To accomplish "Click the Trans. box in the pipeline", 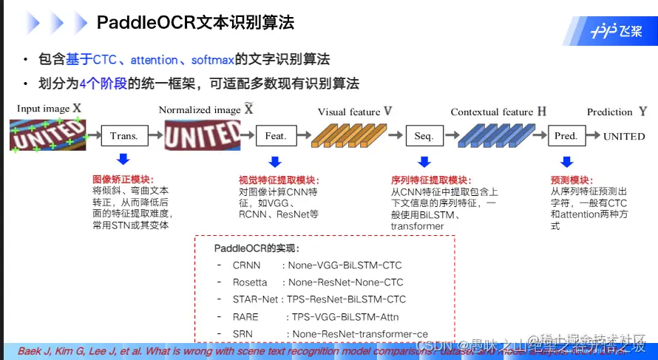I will point(124,136).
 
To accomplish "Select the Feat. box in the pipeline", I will point(275,136).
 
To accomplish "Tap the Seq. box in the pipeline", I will point(424,136).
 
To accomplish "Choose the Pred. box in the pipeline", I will point(566,136).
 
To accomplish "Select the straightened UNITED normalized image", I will point(202,135).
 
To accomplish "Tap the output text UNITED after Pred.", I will point(624,137).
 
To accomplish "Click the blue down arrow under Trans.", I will point(123,160).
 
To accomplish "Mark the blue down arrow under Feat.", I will point(275,160).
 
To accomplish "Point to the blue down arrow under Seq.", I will point(424,160).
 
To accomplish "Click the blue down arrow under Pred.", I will point(566,160).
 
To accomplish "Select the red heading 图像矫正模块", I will point(122,180).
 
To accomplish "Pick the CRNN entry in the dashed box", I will point(247,265).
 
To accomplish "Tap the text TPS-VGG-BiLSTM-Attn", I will point(345,317).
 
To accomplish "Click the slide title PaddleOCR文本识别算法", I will point(195,23).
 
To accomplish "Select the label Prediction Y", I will point(616,112).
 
